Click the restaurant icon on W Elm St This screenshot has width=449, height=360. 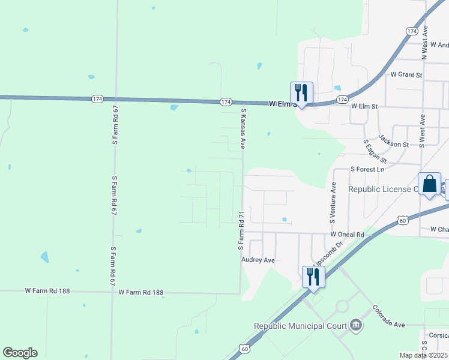point(302,93)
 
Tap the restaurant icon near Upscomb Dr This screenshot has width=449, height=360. point(313,277)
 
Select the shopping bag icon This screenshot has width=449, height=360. point(430,184)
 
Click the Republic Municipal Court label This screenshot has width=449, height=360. point(300,326)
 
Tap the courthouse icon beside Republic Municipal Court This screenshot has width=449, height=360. point(356,326)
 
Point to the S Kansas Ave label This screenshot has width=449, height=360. point(244,128)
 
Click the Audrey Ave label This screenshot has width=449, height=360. point(258,260)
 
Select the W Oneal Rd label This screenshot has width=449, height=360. point(347,235)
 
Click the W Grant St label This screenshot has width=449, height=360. point(406,75)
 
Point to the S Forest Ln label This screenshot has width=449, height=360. point(367,170)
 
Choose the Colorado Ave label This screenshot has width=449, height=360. point(388,325)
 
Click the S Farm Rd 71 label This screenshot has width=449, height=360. point(241,230)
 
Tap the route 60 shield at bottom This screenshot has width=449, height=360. point(244,348)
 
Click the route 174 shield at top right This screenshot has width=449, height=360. point(411,30)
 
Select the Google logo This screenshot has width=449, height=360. point(20,353)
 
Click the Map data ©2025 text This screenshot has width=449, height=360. point(424,355)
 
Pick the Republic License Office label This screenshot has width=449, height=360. point(383,189)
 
